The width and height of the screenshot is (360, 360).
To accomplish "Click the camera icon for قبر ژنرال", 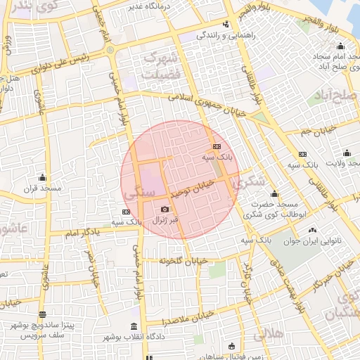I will coord(165,210).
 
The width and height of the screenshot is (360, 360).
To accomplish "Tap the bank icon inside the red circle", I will coord(216,146).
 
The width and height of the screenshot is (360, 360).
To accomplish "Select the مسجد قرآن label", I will coord(43,188).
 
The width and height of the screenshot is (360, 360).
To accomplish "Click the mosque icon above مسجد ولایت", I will coord(347,153).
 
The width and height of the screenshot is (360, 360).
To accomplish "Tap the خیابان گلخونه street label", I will coord(184,261).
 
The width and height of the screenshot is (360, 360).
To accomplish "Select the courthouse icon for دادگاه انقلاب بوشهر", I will coord(134,326).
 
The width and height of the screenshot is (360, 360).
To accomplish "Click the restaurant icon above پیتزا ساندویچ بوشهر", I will coord(43,314).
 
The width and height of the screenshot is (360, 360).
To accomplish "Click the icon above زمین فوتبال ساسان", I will coord(233,346).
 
